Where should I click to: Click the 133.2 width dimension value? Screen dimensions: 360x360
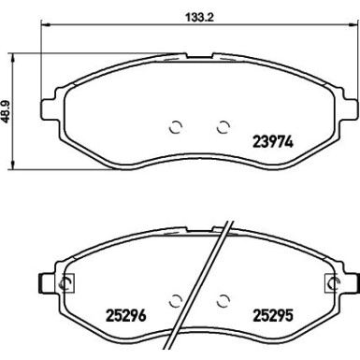pyautogui.click(x=199, y=17)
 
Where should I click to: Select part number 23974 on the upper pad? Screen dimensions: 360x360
pyautogui.click(x=273, y=142)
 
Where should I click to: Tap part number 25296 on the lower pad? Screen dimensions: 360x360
pyautogui.click(x=126, y=316)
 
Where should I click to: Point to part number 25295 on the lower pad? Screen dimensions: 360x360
pyautogui.click(x=273, y=316)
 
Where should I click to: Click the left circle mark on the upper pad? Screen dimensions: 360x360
pyautogui.click(x=175, y=127)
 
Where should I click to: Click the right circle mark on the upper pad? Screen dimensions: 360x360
pyautogui.click(x=223, y=127)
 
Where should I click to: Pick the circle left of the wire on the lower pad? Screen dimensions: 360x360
pyautogui.click(x=175, y=301)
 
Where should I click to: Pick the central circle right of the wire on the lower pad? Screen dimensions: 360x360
pyautogui.click(x=223, y=301)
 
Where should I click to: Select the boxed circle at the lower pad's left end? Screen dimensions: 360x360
pyautogui.click(x=66, y=283)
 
